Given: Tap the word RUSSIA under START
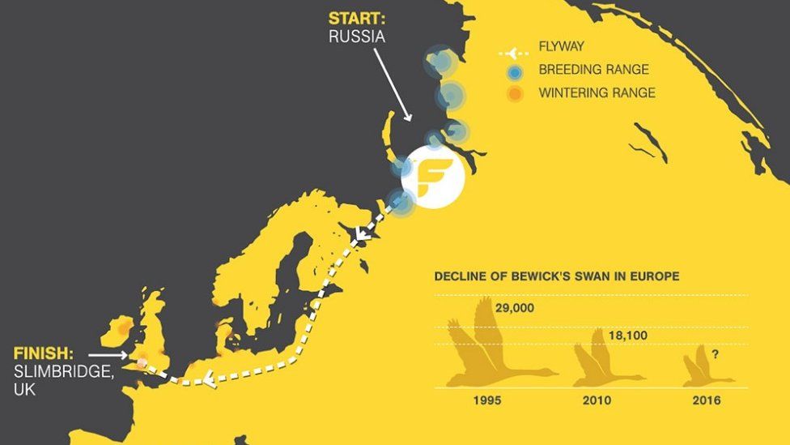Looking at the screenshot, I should click(357, 36).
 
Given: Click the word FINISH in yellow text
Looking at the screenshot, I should click(43, 354).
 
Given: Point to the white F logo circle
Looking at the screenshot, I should click(433, 178).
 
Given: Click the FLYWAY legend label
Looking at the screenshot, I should click(561, 47).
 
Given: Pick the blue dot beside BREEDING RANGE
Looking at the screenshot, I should click(514, 71).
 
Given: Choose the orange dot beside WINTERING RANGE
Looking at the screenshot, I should click(514, 94).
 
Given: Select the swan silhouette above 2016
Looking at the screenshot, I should click(703, 369).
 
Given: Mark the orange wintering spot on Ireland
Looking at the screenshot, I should click(123, 329).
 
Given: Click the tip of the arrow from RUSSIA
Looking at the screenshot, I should click(410, 121).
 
